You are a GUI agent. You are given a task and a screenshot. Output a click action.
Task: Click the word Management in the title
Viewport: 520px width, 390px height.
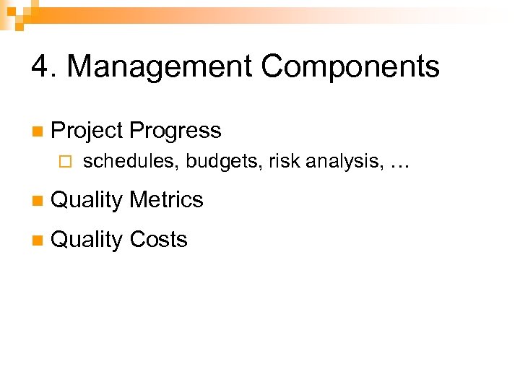[158, 67]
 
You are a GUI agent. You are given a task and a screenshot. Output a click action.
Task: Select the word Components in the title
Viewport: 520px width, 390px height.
[350, 67]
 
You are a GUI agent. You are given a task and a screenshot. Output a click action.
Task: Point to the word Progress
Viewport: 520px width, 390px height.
[175, 131]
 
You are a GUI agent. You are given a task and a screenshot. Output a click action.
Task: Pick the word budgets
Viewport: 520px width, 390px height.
[225, 162]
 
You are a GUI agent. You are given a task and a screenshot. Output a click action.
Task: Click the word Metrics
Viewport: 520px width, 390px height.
[167, 199]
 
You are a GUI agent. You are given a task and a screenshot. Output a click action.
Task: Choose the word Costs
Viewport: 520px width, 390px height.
[158, 239]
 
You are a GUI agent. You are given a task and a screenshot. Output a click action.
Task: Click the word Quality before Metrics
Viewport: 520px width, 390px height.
[87, 200]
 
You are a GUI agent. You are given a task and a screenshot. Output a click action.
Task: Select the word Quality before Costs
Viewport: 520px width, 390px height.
[87, 240]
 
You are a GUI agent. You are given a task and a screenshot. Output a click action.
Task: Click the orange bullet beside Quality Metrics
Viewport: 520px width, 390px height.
[37, 201]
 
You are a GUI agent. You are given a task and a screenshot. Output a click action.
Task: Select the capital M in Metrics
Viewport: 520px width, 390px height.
[139, 199]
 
